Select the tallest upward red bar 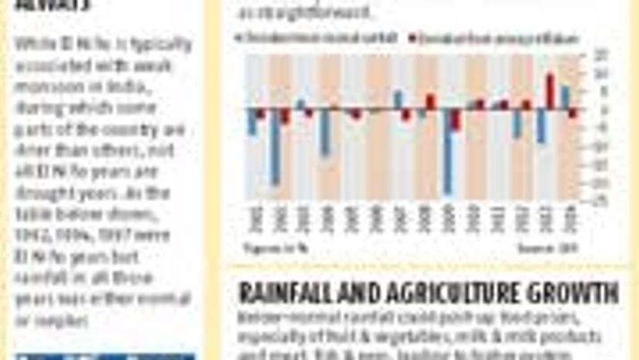(x=550, y=91)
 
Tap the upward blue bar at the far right (x=566, y=98)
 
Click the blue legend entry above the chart (x=318, y=38)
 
